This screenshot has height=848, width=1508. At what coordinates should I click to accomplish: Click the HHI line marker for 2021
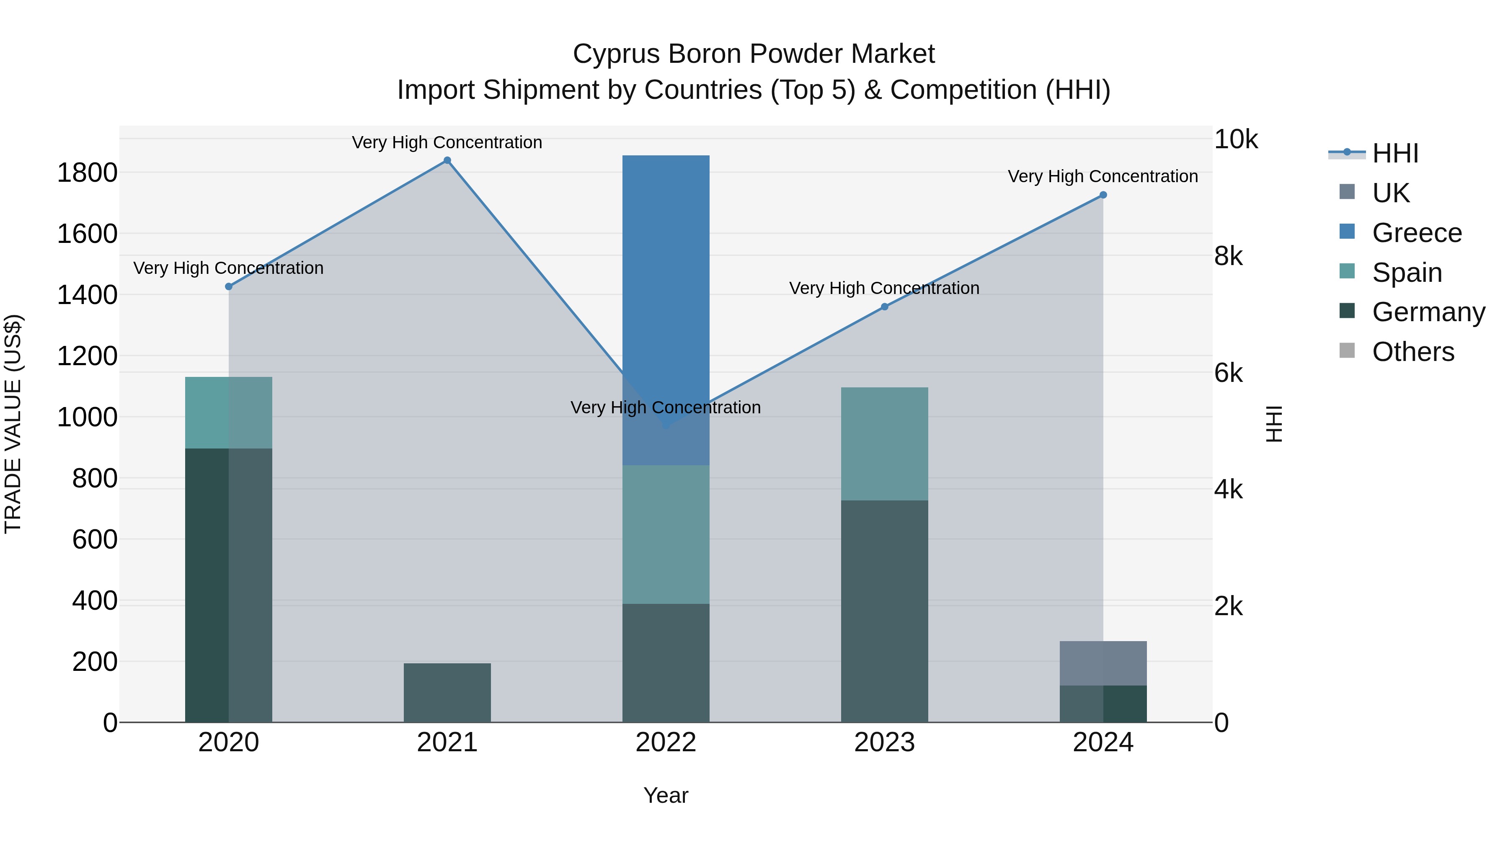(447, 160)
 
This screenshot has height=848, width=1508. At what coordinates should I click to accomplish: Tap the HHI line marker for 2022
(666, 425)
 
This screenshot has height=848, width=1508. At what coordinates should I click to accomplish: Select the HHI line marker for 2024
(1103, 195)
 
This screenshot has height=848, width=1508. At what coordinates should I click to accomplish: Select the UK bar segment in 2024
(1103, 663)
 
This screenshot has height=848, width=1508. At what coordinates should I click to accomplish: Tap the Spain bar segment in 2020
(228, 412)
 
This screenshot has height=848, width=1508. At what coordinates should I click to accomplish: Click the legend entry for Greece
(1417, 233)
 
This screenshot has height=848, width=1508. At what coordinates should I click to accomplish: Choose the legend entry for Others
(1412, 352)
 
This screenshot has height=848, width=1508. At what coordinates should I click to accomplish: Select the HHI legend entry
(1395, 153)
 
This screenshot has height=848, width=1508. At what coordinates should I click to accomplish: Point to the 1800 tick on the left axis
(87, 173)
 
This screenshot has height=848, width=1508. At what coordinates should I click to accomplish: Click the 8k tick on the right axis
(1228, 256)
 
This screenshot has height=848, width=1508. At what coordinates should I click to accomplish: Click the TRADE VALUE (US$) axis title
(13, 424)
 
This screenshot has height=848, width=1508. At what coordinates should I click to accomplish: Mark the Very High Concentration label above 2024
(1103, 176)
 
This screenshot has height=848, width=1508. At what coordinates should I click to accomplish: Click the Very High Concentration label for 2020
(228, 268)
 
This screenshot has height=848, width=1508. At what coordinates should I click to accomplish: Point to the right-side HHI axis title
(1274, 424)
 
